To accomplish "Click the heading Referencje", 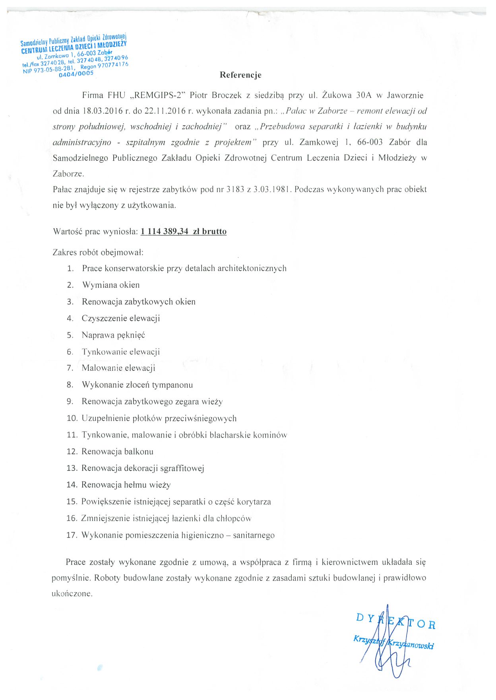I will point(240,75).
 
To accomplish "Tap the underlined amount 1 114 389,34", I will point(164,231).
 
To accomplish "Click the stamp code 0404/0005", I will point(76,74).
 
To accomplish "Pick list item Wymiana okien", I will point(111,285).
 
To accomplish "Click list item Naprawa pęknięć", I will point(113,335).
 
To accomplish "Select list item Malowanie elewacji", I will point(118,368).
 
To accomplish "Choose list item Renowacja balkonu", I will point(117,451).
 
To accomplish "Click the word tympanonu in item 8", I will point(172,385).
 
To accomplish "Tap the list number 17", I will point(72,535).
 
